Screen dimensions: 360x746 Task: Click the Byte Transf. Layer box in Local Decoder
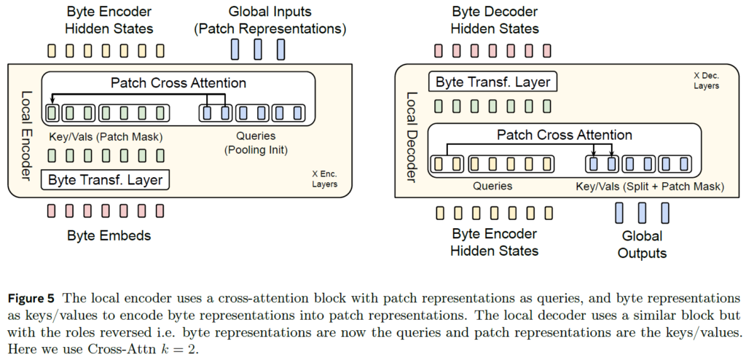(x=493, y=82)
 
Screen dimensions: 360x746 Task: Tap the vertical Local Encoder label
(x=26, y=129)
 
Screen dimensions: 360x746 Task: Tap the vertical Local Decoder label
(x=412, y=130)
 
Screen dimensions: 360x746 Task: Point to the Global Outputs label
(x=642, y=245)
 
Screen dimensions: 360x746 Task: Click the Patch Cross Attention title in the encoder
(x=178, y=82)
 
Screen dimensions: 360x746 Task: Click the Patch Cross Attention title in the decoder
(x=564, y=135)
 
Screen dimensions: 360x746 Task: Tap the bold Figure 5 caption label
(x=34, y=299)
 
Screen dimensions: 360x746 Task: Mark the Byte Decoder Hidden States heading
(x=494, y=20)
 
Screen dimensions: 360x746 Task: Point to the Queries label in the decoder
(x=492, y=186)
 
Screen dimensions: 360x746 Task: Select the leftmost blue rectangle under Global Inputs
(x=235, y=50)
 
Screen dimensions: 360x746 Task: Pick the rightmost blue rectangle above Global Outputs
(x=664, y=213)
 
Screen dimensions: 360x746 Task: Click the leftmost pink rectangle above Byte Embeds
(x=51, y=211)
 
